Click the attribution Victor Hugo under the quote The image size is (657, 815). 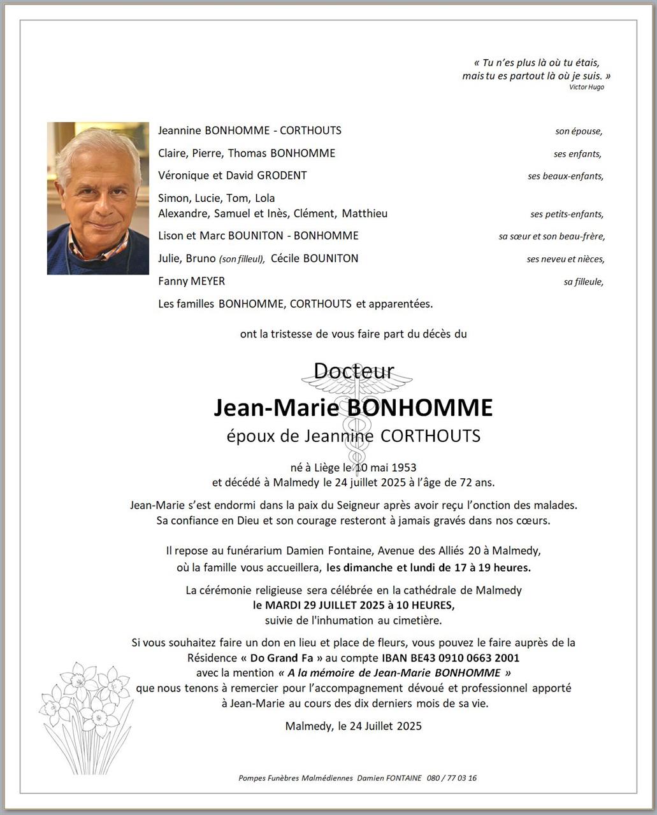[586, 87]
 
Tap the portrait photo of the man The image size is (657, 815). [98, 198]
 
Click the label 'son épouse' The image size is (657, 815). [578, 131]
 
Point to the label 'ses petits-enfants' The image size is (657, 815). [567, 215]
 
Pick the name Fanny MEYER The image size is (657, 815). [191, 281]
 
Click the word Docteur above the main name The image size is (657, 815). [354, 371]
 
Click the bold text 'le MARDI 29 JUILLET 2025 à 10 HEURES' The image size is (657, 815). [354, 606]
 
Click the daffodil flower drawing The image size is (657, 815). [86, 716]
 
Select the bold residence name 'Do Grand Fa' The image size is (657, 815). [281, 658]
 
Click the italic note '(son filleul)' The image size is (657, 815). [241, 259]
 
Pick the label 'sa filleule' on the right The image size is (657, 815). [583, 281]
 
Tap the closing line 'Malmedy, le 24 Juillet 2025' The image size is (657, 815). [353, 726]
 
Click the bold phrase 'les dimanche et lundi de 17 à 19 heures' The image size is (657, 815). [428, 567]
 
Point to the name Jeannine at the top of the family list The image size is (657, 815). [180, 131]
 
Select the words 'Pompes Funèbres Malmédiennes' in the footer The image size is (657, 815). [295, 778]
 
